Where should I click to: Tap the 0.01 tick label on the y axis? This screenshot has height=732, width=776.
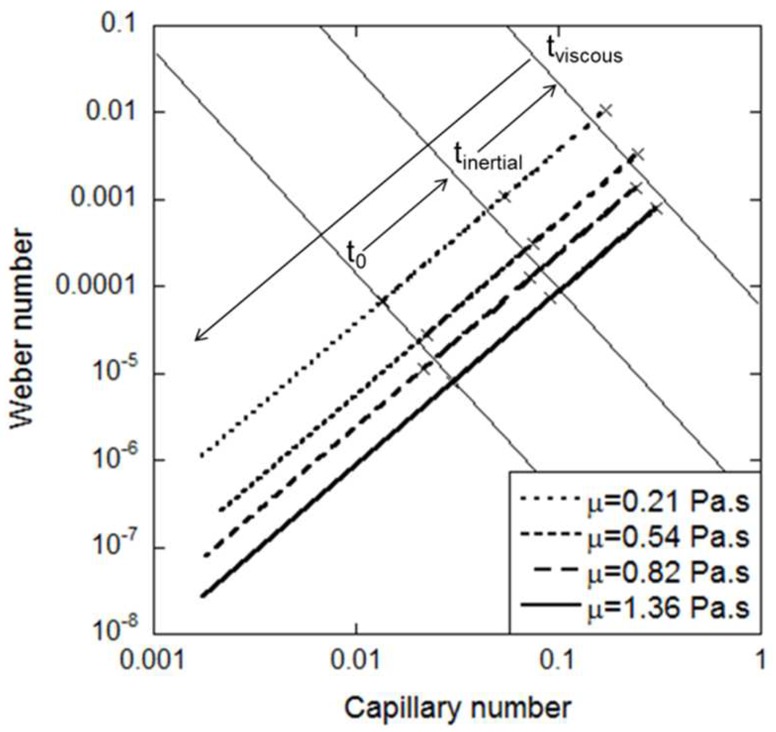111,112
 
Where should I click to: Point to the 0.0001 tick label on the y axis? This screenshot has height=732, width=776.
95,286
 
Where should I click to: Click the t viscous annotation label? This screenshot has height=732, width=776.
583,53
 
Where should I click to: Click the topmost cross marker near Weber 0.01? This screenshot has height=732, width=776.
606,110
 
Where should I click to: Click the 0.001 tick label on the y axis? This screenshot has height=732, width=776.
103,199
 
